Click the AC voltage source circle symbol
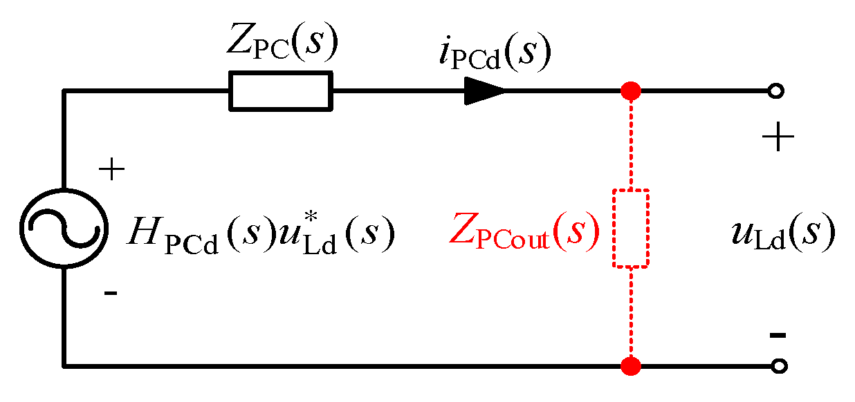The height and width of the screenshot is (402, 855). (64, 228)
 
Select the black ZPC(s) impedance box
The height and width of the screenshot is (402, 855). (280, 91)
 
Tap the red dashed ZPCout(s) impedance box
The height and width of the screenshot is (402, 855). (631, 228)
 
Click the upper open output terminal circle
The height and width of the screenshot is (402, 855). (778, 91)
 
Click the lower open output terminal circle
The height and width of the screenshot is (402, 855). (778, 365)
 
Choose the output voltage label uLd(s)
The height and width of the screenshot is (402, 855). (782, 236)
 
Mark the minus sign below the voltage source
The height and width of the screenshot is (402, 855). (111, 294)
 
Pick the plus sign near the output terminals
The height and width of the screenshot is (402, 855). (778, 140)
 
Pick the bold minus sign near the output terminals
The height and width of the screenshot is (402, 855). (778, 336)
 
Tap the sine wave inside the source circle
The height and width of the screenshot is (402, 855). (64, 228)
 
